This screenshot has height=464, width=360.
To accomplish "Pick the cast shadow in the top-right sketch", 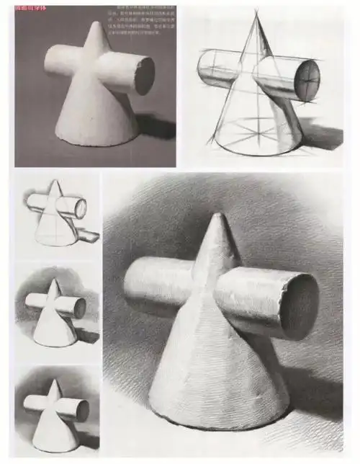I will pyautogui.click(x=320, y=137).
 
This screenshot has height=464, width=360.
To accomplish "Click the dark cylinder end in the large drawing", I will pyautogui.click(x=298, y=305).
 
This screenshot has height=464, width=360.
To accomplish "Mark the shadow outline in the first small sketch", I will pyautogui.click(x=88, y=233).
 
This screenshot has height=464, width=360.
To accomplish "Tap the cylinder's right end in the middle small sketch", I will pyautogui.click(x=79, y=308).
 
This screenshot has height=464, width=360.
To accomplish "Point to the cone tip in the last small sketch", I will pyautogui.click(x=54, y=381).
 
